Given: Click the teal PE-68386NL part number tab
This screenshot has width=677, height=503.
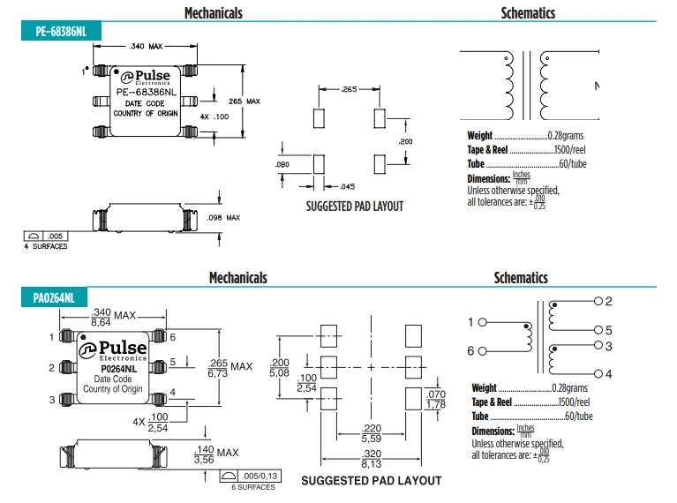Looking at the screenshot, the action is tap(61, 31).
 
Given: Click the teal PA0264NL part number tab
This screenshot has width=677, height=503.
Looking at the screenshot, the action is tap(54, 297).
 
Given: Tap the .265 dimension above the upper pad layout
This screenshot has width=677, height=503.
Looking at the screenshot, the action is tap(349, 89).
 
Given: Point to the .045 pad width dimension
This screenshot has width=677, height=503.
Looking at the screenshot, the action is tap(348, 186).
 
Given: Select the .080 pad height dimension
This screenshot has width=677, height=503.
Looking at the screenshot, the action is tap(282, 164).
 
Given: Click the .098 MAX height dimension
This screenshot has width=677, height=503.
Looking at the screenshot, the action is tap(223, 218).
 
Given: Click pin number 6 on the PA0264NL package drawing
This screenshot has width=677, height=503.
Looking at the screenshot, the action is tap(173, 337).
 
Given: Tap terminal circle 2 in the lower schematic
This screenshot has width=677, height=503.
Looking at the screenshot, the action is tap(598, 301).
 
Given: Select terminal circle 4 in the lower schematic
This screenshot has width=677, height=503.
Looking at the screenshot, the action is tap(598, 373).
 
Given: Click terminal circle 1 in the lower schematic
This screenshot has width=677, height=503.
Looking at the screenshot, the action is tap(483, 322).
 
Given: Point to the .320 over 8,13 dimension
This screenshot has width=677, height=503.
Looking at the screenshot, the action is tap(372, 459).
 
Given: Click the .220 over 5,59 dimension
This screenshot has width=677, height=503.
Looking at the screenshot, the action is tap(372, 433).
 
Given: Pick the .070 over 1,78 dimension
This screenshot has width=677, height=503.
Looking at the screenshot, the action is tap(436, 399).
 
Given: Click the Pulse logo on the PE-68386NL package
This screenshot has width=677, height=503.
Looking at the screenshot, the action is tap(146, 77).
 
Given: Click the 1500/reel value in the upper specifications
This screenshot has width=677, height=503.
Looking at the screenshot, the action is tap(570, 149).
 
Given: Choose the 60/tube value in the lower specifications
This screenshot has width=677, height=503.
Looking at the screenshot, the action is tap(579, 416).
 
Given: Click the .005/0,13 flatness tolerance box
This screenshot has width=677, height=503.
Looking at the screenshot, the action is tap(251, 476).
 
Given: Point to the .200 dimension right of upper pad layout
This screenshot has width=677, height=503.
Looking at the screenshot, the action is tap(405, 141).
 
